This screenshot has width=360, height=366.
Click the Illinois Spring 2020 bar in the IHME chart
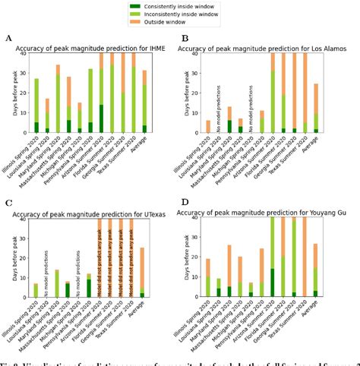click(36, 106)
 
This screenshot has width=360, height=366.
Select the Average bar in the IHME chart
click(144, 103)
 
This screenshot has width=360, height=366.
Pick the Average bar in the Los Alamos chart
click(317, 109)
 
